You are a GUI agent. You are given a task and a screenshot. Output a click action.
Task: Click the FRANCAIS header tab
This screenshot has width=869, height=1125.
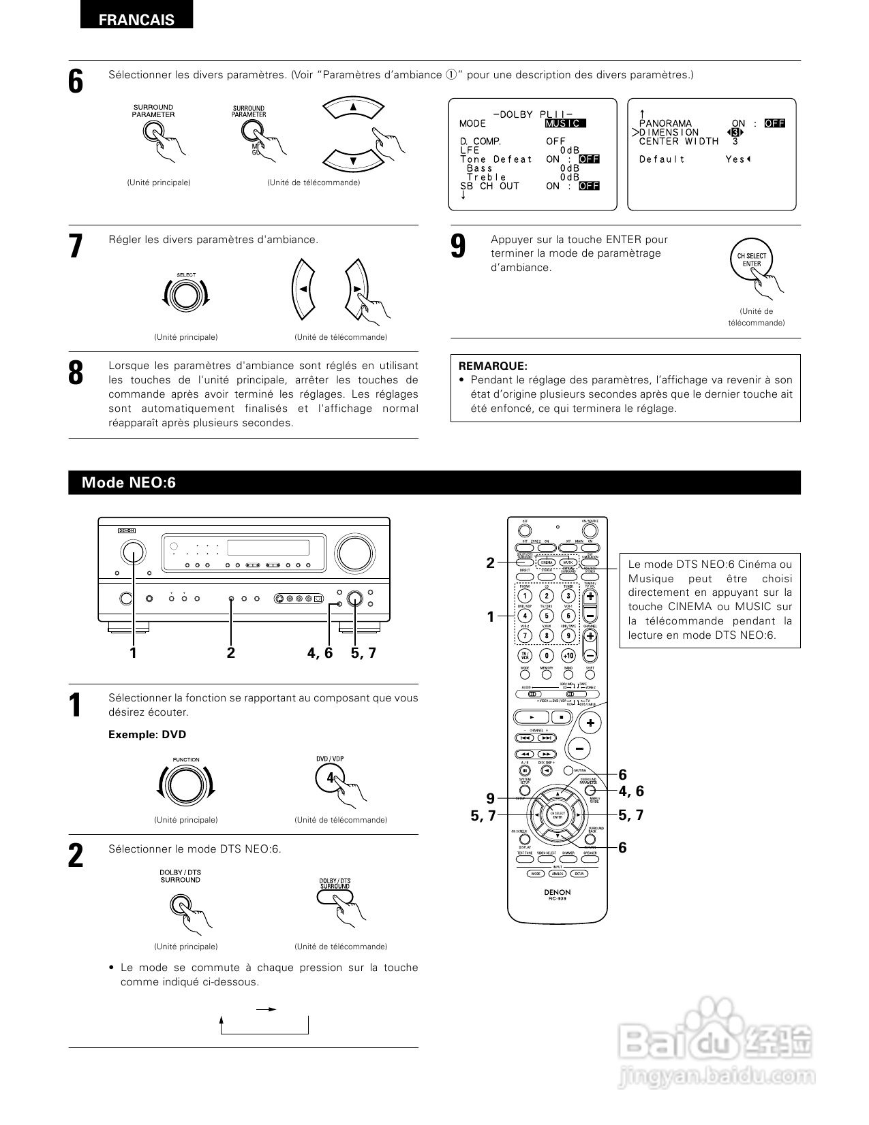[x=136, y=20]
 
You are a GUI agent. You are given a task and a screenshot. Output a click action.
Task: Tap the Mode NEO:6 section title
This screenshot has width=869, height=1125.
[x=129, y=483]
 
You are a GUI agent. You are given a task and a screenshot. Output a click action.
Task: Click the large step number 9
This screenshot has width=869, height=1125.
[x=459, y=247]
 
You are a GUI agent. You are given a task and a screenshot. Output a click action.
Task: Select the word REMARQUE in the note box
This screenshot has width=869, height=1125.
[x=493, y=366]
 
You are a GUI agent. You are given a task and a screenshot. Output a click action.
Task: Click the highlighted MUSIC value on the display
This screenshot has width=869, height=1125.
[x=565, y=124]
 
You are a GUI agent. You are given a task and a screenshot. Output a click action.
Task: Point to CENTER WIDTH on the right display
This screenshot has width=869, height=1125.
[x=678, y=142]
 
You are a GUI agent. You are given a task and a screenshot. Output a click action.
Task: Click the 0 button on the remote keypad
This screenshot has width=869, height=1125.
[x=546, y=655]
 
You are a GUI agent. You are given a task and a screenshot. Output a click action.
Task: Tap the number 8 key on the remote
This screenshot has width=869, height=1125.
[x=546, y=635]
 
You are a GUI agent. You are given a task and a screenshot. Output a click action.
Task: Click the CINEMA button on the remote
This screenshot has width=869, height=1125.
[x=547, y=562]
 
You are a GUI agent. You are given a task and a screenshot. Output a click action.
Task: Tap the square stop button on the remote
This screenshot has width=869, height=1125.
[x=561, y=717]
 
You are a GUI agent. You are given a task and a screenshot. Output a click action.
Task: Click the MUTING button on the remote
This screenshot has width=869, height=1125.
[x=568, y=771]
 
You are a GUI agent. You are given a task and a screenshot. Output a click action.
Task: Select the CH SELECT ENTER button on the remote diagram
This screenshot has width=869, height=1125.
[x=558, y=814]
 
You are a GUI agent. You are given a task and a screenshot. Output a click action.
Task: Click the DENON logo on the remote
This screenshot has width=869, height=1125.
[x=557, y=891]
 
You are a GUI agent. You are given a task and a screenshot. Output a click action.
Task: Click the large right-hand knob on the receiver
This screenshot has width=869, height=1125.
[x=355, y=553]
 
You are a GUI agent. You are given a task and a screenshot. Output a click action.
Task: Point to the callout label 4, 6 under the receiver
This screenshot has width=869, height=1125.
[x=320, y=653]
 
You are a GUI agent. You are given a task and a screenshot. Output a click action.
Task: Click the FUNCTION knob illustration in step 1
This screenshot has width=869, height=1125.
[x=185, y=785]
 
